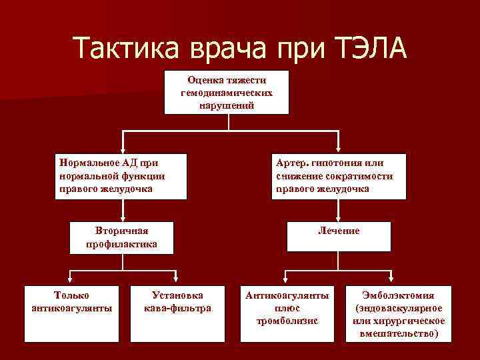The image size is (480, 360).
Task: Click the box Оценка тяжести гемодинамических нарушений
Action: pyautogui.click(x=227, y=92)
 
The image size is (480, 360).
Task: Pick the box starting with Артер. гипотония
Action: pyautogui.click(x=339, y=175)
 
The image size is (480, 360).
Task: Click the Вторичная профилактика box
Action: pyautogui.click(x=122, y=237)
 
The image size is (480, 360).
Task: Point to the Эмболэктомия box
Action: pyautogui.click(x=398, y=313)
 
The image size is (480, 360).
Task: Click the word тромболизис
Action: pyautogui.click(x=287, y=321)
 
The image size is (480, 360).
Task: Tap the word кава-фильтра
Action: pyautogui.click(x=177, y=308)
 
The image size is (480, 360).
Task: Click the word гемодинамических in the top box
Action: pyautogui.click(x=227, y=93)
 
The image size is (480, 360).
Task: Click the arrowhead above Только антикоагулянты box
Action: pyautogui.click(x=71, y=281)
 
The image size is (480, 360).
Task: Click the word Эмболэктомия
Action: pyautogui.click(x=398, y=295)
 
